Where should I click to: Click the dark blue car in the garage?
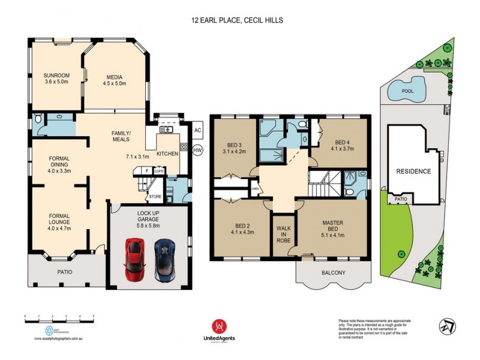[165, 260]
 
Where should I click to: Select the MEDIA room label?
[115, 77]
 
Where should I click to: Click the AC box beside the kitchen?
[197, 130]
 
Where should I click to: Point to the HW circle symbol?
[197, 151]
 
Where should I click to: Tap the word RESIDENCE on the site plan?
[414, 172]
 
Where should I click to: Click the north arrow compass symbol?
[446, 326]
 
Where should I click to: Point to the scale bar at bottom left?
[59, 318]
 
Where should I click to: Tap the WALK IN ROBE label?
[283, 233]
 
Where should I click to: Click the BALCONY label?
[333, 273]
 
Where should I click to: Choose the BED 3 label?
[234, 145]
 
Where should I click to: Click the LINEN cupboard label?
[254, 190]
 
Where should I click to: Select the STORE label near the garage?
[155, 196]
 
